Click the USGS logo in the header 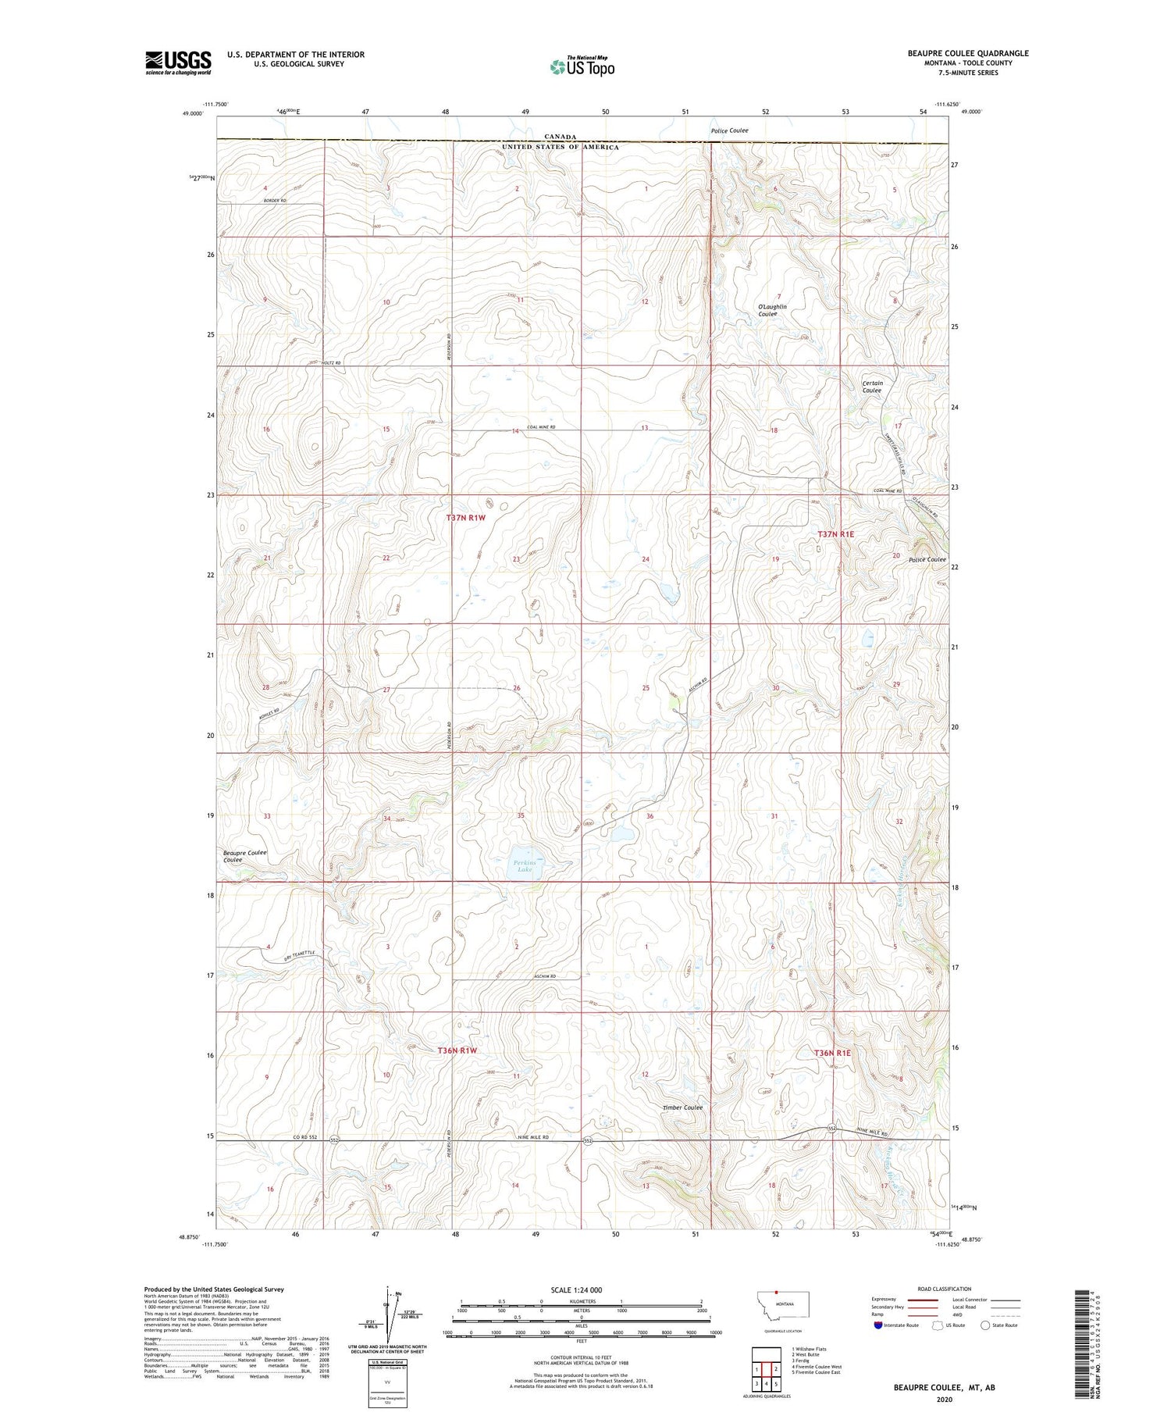pos(178,62)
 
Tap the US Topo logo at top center pos(582,66)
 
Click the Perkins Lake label pos(524,865)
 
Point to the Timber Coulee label pos(682,1107)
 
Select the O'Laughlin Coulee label pos(771,310)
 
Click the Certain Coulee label pos(872,387)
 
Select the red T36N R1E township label pos(832,1053)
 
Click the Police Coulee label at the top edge pos(728,130)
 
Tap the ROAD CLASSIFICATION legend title pos(944,1289)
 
